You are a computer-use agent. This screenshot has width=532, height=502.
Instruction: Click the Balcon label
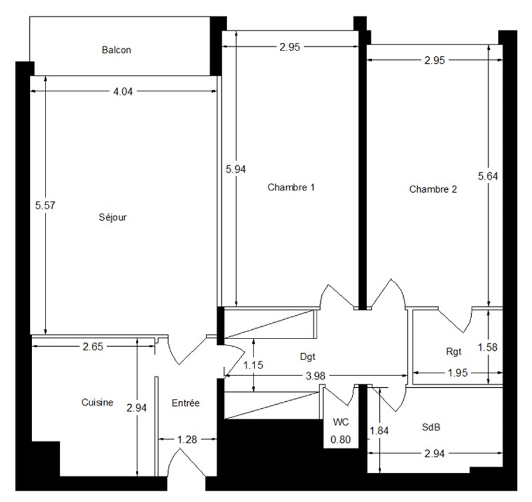click(116, 50)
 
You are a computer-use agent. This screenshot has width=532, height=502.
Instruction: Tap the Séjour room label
click(112, 217)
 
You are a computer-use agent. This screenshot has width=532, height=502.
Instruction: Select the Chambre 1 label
click(291, 187)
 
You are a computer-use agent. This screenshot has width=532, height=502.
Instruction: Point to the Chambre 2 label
click(433, 189)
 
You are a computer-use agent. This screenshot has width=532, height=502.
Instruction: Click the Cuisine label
click(97, 402)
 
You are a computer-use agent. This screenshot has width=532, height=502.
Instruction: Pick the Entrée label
click(186, 403)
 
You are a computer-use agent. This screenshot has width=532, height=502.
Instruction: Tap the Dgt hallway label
click(308, 357)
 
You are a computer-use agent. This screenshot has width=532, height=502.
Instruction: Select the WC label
click(341, 422)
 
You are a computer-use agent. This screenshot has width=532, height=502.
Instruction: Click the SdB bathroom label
click(431, 427)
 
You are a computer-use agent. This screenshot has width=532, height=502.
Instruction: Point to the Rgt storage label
click(454, 351)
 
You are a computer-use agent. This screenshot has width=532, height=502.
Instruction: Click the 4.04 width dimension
click(123, 91)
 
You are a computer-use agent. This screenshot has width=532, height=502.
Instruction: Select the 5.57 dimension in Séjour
click(45, 205)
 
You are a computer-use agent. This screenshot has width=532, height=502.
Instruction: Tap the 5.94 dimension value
click(236, 169)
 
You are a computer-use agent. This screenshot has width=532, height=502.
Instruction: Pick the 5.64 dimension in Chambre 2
click(488, 176)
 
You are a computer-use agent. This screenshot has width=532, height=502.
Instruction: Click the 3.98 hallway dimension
click(315, 375)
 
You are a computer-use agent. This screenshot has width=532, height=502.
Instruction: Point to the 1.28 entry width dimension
click(187, 439)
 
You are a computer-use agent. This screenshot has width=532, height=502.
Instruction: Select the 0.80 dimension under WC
click(341, 439)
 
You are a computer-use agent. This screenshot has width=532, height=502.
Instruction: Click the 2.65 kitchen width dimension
click(93, 346)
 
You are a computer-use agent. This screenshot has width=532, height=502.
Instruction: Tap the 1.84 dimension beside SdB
click(379, 431)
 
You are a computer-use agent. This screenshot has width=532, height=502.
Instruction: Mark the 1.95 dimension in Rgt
click(458, 373)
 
